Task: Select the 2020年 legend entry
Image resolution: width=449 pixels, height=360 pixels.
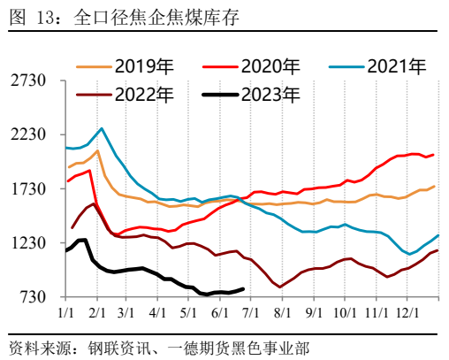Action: pos(266,65)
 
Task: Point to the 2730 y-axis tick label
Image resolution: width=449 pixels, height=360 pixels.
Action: pos(28,80)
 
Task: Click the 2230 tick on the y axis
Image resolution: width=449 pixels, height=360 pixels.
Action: pos(28,134)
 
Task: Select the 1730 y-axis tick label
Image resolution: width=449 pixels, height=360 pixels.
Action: pos(28,188)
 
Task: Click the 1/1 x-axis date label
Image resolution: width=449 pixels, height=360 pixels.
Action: pos(66,312)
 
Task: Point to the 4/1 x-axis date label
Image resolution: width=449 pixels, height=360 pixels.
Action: pos(159,312)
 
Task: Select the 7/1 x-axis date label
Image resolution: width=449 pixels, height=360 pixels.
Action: pos(252,312)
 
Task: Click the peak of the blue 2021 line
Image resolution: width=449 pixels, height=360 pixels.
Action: pos(102,128)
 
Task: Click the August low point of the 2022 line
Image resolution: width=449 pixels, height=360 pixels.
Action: pos(280,287)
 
